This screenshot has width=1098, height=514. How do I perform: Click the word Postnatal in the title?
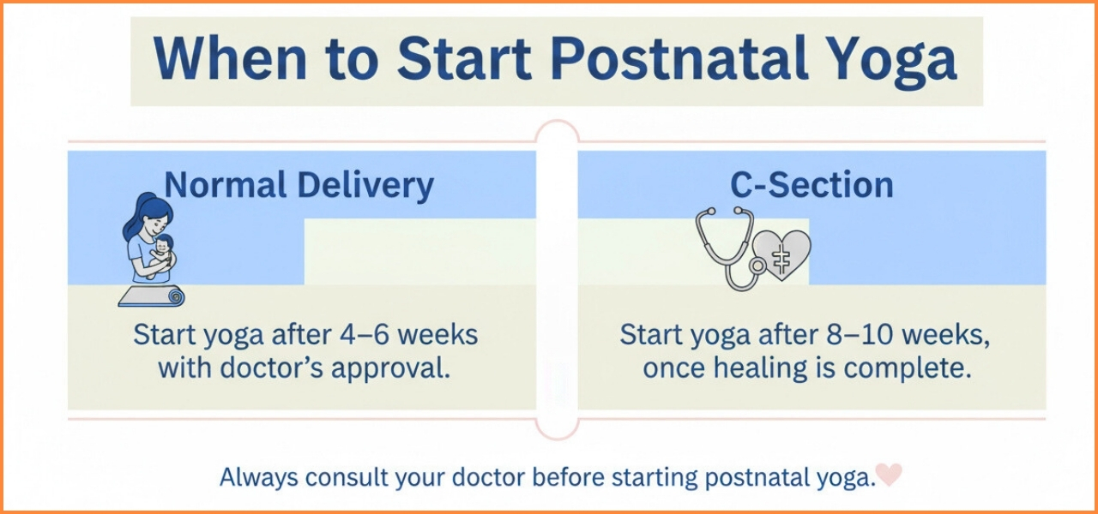point(679,57)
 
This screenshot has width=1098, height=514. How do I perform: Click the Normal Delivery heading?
point(299,186)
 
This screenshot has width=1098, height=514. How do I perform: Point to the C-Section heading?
point(811,184)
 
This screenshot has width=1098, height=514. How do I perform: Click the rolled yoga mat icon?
point(152,296)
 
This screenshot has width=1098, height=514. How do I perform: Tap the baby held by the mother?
point(163,254)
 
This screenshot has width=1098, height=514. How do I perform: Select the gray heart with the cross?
point(781,254)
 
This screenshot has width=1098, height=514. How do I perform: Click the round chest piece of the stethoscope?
point(757,266)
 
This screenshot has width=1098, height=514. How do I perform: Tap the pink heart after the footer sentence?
point(889,474)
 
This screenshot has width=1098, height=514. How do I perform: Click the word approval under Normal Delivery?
point(390,369)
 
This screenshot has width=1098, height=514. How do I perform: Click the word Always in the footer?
point(259,477)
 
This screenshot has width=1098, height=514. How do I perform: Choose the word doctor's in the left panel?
point(272,368)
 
